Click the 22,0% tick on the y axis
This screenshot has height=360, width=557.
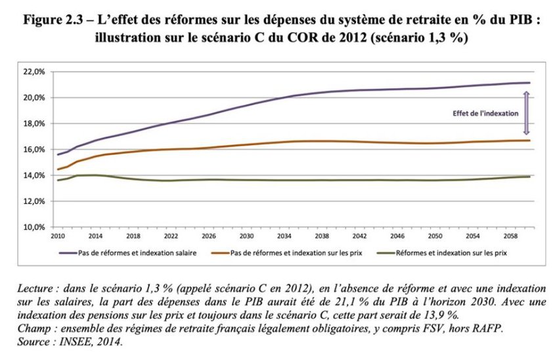(x=34, y=71)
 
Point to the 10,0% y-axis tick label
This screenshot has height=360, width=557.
(x=34, y=227)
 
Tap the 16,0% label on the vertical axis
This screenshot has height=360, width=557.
(x=34, y=149)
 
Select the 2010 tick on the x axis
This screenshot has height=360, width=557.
(x=58, y=235)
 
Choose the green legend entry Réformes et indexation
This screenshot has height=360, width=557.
(x=447, y=251)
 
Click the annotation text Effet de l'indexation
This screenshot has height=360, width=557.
(x=485, y=112)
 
